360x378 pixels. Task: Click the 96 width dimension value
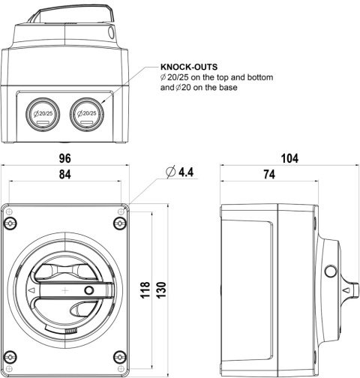tap(65, 159)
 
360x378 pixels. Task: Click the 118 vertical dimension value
tap(144, 289)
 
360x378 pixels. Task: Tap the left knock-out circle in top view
tap(43, 113)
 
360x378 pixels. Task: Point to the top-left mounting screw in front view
tap(10, 224)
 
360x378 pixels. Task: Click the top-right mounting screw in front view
tap(121, 224)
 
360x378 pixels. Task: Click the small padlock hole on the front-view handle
tap(88, 289)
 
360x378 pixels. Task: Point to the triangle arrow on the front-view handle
tap(31, 289)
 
